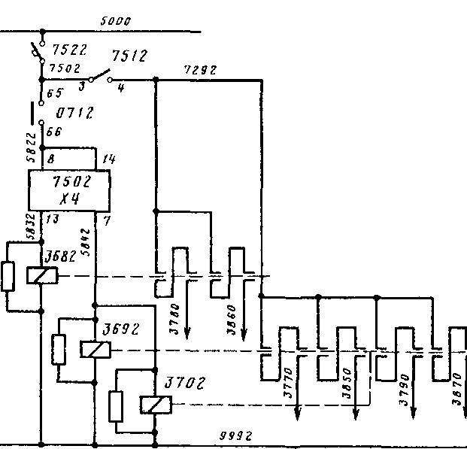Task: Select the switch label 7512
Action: [x=129, y=56]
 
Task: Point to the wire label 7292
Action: [x=201, y=71]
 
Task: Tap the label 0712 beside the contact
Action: [x=74, y=114]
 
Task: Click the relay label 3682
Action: [x=59, y=255]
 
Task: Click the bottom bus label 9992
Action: [x=235, y=436]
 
